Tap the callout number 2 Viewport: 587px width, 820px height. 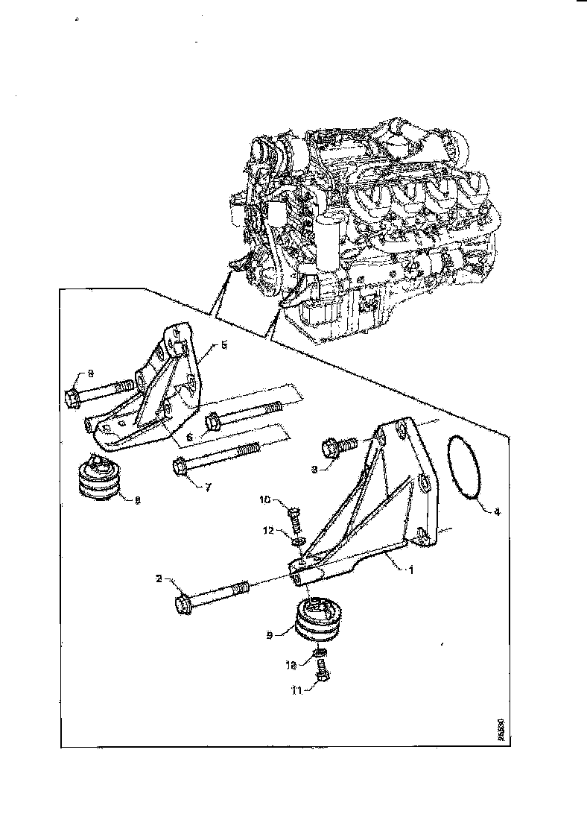(x=158, y=578)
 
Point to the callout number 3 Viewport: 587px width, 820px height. (x=314, y=470)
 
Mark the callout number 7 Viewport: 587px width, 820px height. (x=208, y=487)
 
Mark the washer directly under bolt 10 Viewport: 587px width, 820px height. (x=298, y=539)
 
